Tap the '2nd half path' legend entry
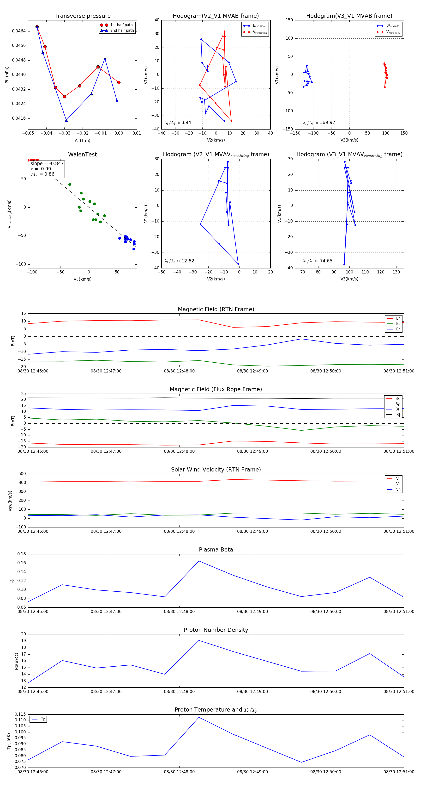(122, 31)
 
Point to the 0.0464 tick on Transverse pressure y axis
(19, 31)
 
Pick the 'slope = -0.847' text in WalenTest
(47, 163)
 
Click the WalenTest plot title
(82, 155)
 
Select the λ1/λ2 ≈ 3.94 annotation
(178, 123)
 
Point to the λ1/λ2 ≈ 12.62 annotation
(179, 261)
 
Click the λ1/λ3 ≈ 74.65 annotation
(317, 261)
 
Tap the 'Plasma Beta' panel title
(216, 550)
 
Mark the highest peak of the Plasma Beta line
(199, 561)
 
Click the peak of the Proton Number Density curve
(199, 640)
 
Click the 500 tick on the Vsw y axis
(22, 474)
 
